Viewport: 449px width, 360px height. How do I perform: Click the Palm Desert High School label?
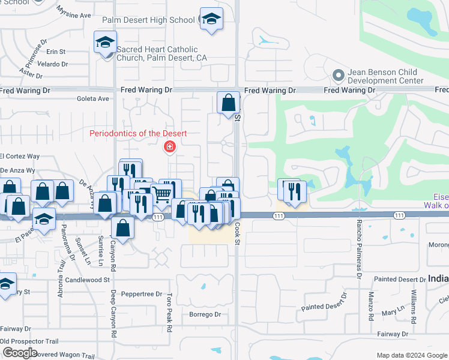pyautogui.click(x=148, y=20)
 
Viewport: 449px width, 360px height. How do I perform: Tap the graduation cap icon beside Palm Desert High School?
pyautogui.click(x=211, y=20)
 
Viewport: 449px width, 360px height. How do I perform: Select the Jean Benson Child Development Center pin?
pyautogui.click(x=338, y=76)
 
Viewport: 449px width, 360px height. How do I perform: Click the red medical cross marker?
pyautogui.click(x=170, y=146)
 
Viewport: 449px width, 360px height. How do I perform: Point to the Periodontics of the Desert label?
pyautogui.click(x=139, y=133)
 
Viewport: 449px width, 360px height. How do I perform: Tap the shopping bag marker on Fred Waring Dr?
pyautogui.click(x=228, y=103)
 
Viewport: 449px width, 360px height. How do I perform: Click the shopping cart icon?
pyautogui.click(x=162, y=194)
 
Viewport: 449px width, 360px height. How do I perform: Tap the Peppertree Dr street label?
pyautogui.click(x=142, y=295)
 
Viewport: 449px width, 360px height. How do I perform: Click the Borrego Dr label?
pyautogui.click(x=205, y=314)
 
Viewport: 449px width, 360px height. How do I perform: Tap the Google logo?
pyautogui.click(x=20, y=352)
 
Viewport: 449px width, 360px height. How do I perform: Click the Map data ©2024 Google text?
pyautogui.click(x=411, y=355)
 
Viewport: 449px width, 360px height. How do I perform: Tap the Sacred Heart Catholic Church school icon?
pyautogui.click(x=105, y=43)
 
